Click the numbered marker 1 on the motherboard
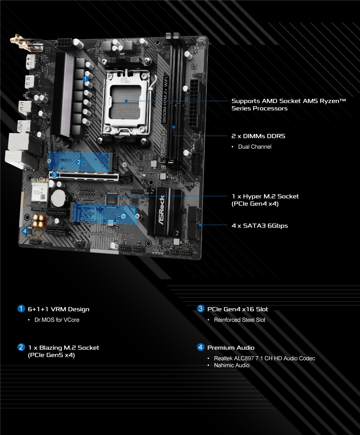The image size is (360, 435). point(86,79)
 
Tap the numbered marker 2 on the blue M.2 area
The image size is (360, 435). point(79,162)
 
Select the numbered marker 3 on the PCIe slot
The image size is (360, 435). point(54,175)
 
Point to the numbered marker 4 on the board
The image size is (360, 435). point(25,231)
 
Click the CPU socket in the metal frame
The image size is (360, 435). point(126,102)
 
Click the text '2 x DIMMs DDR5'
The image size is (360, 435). point(258,136)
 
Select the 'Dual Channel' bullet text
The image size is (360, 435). point(255,147)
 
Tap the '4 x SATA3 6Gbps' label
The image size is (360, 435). point(260,226)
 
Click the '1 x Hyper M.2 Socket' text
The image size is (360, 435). point(265,197)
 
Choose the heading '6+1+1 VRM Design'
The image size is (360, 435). point(59,309)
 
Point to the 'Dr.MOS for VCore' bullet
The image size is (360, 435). point(57,320)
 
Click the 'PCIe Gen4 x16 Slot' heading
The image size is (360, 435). point(238,309)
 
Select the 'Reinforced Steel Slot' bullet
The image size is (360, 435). point(239,320)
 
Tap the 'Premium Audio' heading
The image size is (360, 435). point(231,348)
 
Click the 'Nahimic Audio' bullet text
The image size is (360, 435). point(232,365)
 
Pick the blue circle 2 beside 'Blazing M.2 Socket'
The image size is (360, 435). point(21,347)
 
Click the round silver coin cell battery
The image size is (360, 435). point(59,198)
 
